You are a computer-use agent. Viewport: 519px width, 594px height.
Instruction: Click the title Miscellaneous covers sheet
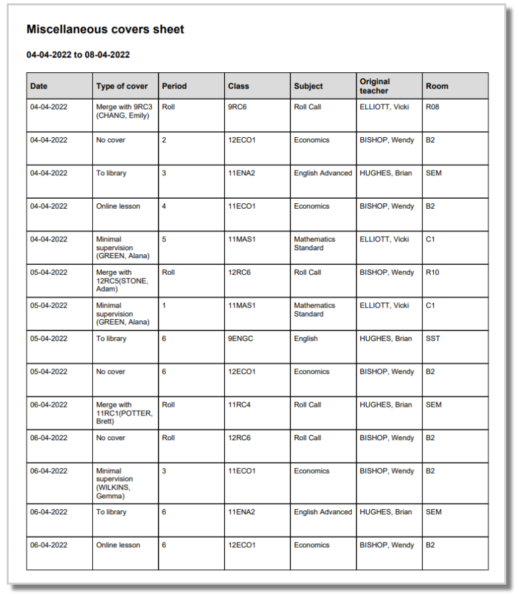click(105, 29)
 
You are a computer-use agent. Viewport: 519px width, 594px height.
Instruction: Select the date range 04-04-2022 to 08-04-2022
click(78, 55)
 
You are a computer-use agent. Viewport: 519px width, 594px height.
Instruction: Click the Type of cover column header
click(122, 86)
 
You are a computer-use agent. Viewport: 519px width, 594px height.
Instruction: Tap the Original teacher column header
click(375, 86)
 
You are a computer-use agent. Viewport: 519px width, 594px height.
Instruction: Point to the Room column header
click(437, 86)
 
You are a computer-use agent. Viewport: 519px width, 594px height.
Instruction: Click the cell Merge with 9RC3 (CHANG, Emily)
click(122, 111)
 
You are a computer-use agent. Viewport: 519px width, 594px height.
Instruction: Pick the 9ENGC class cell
click(241, 339)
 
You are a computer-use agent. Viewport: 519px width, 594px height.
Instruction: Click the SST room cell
click(433, 339)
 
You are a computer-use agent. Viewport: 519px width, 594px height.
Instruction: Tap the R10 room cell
click(433, 273)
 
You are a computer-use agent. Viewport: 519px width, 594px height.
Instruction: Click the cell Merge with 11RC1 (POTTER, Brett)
click(124, 413)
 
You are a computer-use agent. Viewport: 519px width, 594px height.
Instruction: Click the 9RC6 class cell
click(238, 107)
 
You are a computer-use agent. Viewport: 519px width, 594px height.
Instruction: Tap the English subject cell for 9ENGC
click(306, 339)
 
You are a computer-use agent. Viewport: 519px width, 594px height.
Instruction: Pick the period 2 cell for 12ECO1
click(165, 140)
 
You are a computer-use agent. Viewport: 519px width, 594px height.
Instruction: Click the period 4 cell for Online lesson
click(165, 207)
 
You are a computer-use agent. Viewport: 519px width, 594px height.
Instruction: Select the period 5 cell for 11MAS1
click(165, 239)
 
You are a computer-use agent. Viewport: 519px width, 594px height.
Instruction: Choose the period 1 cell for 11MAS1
click(165, 306)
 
